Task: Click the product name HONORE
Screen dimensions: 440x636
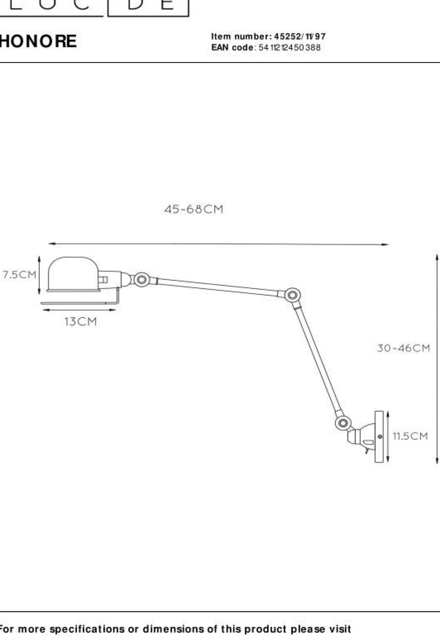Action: tap(38, 41)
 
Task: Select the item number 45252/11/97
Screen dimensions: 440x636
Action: tap(300, 37)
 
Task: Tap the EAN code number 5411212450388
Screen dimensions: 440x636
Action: tap(289, 47)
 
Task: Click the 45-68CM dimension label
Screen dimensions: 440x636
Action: tap(194, 209)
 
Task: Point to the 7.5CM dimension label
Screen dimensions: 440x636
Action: tap(20, 275)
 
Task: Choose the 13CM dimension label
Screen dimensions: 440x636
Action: tap(81, 321)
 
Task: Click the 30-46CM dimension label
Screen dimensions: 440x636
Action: tap(403, 348)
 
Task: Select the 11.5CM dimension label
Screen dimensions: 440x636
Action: tap(410, 436)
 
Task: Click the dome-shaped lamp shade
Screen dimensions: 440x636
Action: tap(73, 274)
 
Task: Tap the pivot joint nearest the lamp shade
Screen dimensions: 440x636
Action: tap(142, 280)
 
